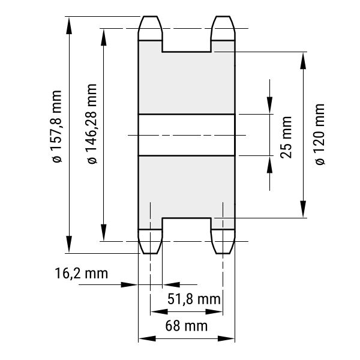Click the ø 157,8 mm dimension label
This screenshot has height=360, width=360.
[57, 127]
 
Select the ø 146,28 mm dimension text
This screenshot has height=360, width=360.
[92, 124]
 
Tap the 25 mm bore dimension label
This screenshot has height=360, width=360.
[286, 137]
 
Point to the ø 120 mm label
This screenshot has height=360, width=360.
[320, 134]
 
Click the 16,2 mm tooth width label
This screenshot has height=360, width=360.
[81, 274]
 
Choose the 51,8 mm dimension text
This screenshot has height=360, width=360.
[194, 299]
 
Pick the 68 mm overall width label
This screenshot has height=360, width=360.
[186, 326]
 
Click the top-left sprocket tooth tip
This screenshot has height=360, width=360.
[151, 17]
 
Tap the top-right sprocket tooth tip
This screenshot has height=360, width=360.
[223, 17]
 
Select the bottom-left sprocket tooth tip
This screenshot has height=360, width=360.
[151, 253]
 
